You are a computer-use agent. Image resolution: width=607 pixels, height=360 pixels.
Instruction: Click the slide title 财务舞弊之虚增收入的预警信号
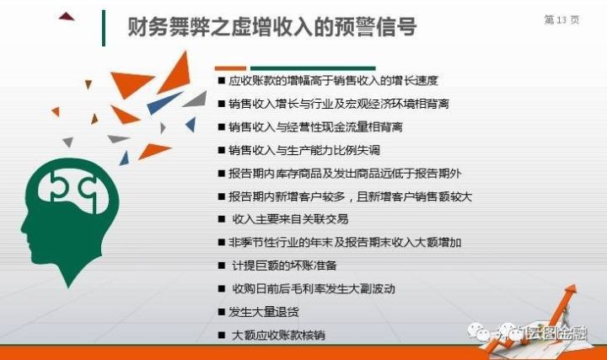272,26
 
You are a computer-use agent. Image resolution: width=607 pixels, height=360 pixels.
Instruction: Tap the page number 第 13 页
561,19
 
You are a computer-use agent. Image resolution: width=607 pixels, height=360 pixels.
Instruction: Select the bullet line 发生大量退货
263,312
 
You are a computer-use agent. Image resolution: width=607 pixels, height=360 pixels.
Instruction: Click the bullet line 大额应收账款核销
278,335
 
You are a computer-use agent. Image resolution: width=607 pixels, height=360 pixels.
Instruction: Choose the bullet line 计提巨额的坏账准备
284,266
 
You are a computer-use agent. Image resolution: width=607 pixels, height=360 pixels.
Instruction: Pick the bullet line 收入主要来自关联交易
290,219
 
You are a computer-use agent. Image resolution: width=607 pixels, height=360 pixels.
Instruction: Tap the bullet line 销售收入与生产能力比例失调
304,150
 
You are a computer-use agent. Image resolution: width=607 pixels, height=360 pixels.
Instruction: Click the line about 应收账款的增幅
333,81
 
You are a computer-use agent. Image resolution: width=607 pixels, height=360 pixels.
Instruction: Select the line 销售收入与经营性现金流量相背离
315,127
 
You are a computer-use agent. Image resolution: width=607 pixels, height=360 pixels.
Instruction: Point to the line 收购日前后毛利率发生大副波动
313,289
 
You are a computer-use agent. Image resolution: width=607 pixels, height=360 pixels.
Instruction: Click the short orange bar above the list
230,68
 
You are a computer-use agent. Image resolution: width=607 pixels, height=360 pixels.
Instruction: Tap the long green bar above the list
313,68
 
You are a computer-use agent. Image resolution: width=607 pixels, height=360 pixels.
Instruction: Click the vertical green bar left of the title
104,29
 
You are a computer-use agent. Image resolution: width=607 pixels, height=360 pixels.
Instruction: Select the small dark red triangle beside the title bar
67,16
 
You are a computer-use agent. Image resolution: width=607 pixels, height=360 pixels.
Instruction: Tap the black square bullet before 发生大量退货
222,312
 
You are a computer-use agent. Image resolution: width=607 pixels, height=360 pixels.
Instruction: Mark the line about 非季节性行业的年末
345,242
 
